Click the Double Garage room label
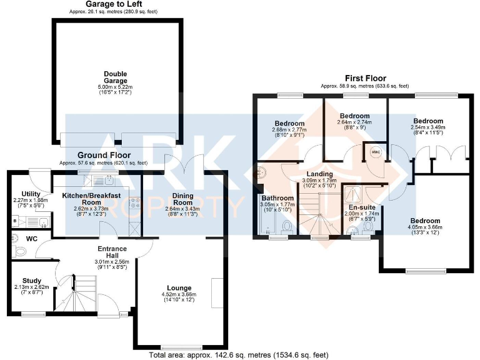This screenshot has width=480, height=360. (115, 76)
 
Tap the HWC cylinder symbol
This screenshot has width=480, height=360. (375, 152)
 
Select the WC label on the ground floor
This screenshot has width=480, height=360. (31, 238)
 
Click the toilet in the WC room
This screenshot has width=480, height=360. (21, 251)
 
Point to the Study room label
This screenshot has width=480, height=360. (31, 281)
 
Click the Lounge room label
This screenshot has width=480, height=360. (179, 287)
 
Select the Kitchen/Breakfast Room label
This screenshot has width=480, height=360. (91, 199)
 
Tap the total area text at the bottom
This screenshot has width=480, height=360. (239, 355)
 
